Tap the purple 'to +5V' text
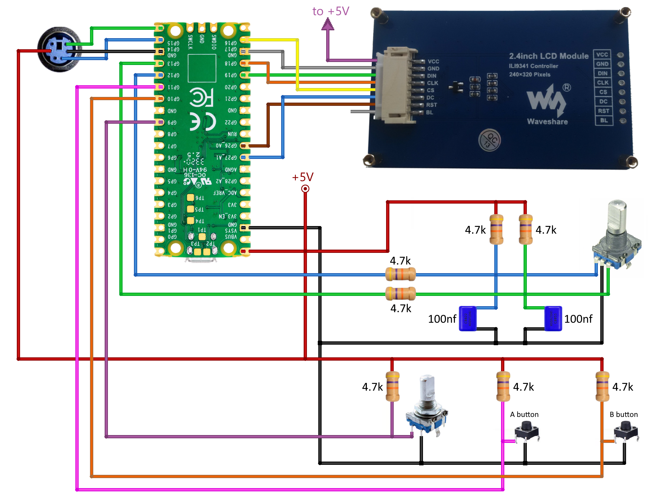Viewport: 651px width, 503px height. point(330,11)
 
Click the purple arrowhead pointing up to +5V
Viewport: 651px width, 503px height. point(328,24)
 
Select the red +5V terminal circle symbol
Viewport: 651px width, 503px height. point(305,189)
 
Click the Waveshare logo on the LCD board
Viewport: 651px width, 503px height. point(547,104)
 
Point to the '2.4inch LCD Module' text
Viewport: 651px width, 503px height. point(549,56)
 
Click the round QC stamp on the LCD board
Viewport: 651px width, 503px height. point(489,140)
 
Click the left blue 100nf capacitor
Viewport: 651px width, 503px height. point(467,318)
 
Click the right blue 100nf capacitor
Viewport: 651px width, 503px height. point(553,318)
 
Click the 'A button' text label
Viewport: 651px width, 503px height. point(524,414)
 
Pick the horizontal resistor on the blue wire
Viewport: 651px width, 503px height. point(400,274)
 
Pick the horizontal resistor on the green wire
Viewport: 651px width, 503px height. point(400,293)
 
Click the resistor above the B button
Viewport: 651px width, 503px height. point(602,386)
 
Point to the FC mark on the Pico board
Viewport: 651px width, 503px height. point(201,97)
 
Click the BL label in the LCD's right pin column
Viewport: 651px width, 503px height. point(604,120)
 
